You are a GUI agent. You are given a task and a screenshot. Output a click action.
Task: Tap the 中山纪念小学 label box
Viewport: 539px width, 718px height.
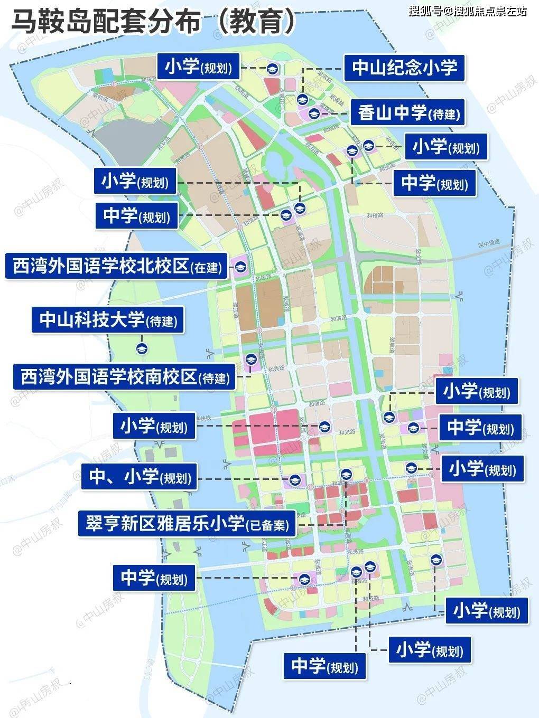(x=404, y=68)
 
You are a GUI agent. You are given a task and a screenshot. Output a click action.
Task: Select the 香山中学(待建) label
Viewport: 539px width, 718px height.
(x=407, y=112)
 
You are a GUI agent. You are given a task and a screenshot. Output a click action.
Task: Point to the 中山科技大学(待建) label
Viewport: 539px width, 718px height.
(x=108, y=320)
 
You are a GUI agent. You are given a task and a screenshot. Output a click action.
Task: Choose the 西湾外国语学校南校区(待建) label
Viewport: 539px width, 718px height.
(x=124, y=377)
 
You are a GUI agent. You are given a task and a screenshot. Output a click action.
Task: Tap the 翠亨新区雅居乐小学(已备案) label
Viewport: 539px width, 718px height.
(x=187, y=524)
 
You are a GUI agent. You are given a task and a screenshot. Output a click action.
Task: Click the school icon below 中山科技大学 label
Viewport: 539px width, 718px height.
(x=142, y=348)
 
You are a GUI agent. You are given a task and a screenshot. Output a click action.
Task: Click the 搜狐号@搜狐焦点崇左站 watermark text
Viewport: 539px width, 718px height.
(x=468, y=11)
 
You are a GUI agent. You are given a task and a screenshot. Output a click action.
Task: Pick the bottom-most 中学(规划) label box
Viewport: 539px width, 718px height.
(x=324, y=666)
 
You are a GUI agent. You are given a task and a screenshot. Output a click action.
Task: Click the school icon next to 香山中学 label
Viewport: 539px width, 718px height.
(x=314, y=112)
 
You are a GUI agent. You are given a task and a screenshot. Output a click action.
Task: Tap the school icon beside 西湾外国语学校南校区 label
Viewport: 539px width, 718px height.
(x=250, y=359)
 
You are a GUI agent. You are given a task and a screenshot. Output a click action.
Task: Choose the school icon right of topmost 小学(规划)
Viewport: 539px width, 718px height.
(x=272, y=69)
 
